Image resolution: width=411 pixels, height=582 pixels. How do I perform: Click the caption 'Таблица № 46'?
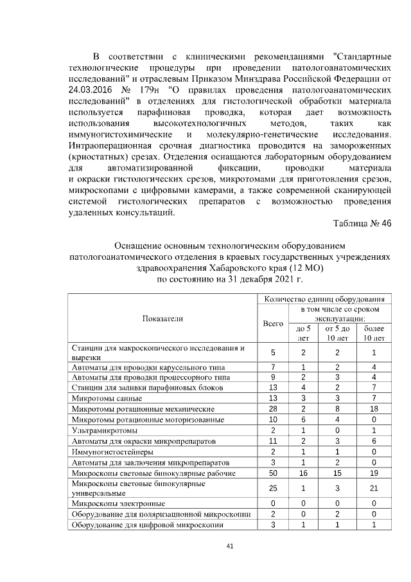coord(362,223)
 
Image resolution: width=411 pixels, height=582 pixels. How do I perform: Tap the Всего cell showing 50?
coord(273,473)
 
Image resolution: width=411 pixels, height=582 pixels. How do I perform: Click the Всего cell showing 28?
coord(273,408)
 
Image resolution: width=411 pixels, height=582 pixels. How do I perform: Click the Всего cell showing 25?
coord(273,488)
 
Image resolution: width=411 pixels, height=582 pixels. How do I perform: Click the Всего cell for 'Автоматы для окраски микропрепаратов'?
coord(273,441)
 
